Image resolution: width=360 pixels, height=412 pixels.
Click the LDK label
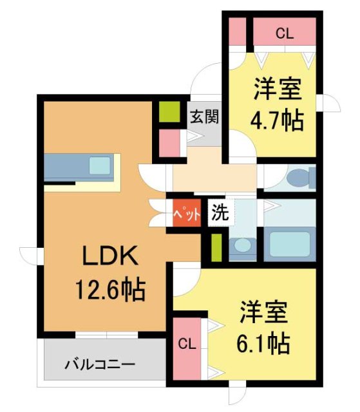(109, 258)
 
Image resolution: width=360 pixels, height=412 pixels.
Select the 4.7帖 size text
(278, 120)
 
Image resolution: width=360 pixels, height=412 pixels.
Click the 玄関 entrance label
(205, 117)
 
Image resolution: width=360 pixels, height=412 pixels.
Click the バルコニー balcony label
(100, 365)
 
